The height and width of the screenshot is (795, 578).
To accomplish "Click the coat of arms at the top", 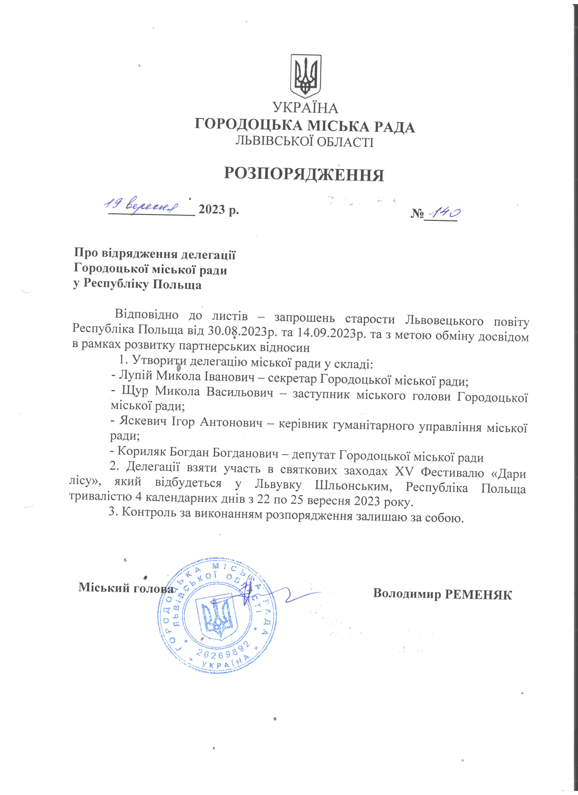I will click(x=306, y=76).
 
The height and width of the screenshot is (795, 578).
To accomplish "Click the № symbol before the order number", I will click(x=417, y=213).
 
